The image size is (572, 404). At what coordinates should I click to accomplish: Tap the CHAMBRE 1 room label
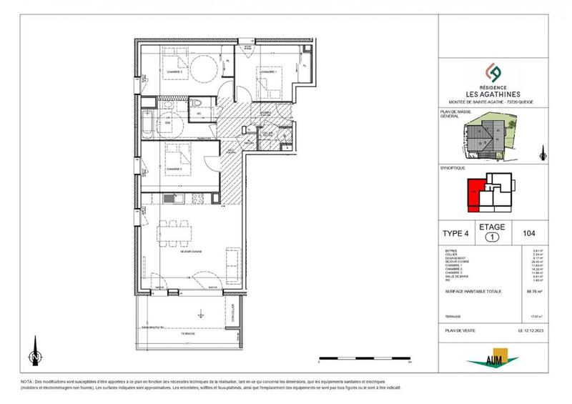pyautogui.click(x=269, y=71)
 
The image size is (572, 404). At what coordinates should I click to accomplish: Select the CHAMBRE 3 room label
pyautogui.click(x=175, y=169)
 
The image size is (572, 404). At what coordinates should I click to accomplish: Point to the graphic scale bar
pyautogui.click(x=365, y=358)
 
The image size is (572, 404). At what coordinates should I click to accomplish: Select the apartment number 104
pyautogui.click(x=530, y=232)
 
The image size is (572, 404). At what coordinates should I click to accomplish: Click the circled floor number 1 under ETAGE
pyautogui.click(x=493, y=237)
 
